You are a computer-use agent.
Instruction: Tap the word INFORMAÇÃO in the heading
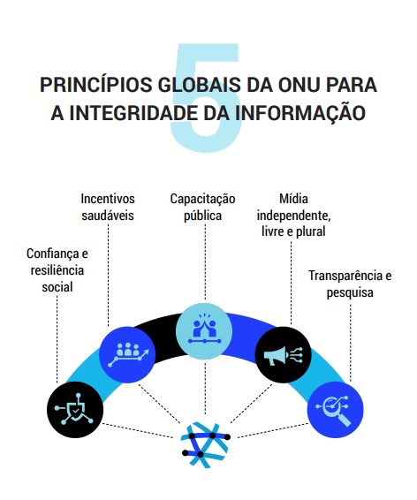pos(300,114)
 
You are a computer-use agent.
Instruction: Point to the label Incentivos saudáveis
pos(108,207)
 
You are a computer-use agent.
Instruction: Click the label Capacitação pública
pos(203,207)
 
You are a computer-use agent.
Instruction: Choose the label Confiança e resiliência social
pos(57,270)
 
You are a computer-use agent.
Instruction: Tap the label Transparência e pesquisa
pos(350,284)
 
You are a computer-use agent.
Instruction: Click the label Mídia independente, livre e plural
pos(293,215)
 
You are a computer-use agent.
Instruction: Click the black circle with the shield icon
pos(75,409)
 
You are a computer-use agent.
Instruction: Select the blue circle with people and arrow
pos(127,354)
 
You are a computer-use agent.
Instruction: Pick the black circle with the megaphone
pos(284,354)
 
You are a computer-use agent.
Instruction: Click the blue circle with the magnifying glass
pos(336,409)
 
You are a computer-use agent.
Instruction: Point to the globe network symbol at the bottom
pos(205,444)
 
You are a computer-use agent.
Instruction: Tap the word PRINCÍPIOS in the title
pos(95,85)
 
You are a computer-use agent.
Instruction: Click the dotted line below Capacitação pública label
pos(205,261)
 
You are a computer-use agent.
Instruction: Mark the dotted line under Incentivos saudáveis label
pos(109,275)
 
